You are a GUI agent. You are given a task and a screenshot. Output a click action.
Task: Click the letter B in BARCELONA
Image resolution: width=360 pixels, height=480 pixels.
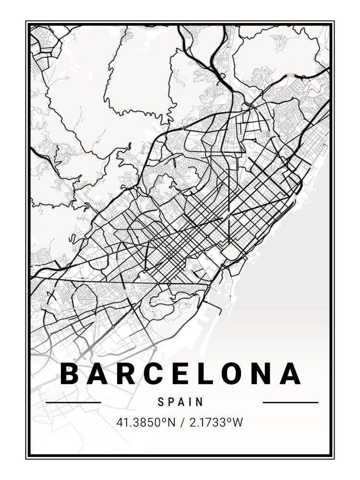(x=70, y=374)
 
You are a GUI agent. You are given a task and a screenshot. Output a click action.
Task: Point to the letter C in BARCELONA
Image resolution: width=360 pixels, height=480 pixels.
(x=154, y=374)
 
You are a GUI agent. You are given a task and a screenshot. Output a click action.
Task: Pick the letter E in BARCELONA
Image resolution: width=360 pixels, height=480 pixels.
(x=181, y=374)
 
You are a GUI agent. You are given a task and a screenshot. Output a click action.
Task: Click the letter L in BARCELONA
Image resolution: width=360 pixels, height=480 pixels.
(x=206, y=374)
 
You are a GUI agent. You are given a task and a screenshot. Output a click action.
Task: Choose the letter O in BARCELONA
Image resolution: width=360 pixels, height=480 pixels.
(x=233, y=374)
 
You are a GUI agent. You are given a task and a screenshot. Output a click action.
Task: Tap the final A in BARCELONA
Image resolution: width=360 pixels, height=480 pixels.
(x=291, y=374)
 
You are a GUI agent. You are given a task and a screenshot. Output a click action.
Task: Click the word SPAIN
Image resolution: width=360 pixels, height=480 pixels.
(x=180, y=402)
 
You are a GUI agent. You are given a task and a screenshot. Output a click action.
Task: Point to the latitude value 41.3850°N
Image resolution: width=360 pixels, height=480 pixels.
(x=145, y=422)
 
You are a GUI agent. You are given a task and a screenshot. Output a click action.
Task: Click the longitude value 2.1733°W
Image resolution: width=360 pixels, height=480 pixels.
(x=215, y=422)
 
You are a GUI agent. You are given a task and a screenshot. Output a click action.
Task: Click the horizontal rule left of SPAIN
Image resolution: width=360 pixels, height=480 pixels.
(x=73, y=402)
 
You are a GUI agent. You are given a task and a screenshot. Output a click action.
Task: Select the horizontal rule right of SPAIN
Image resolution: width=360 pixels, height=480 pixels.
(x=290, y=402)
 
